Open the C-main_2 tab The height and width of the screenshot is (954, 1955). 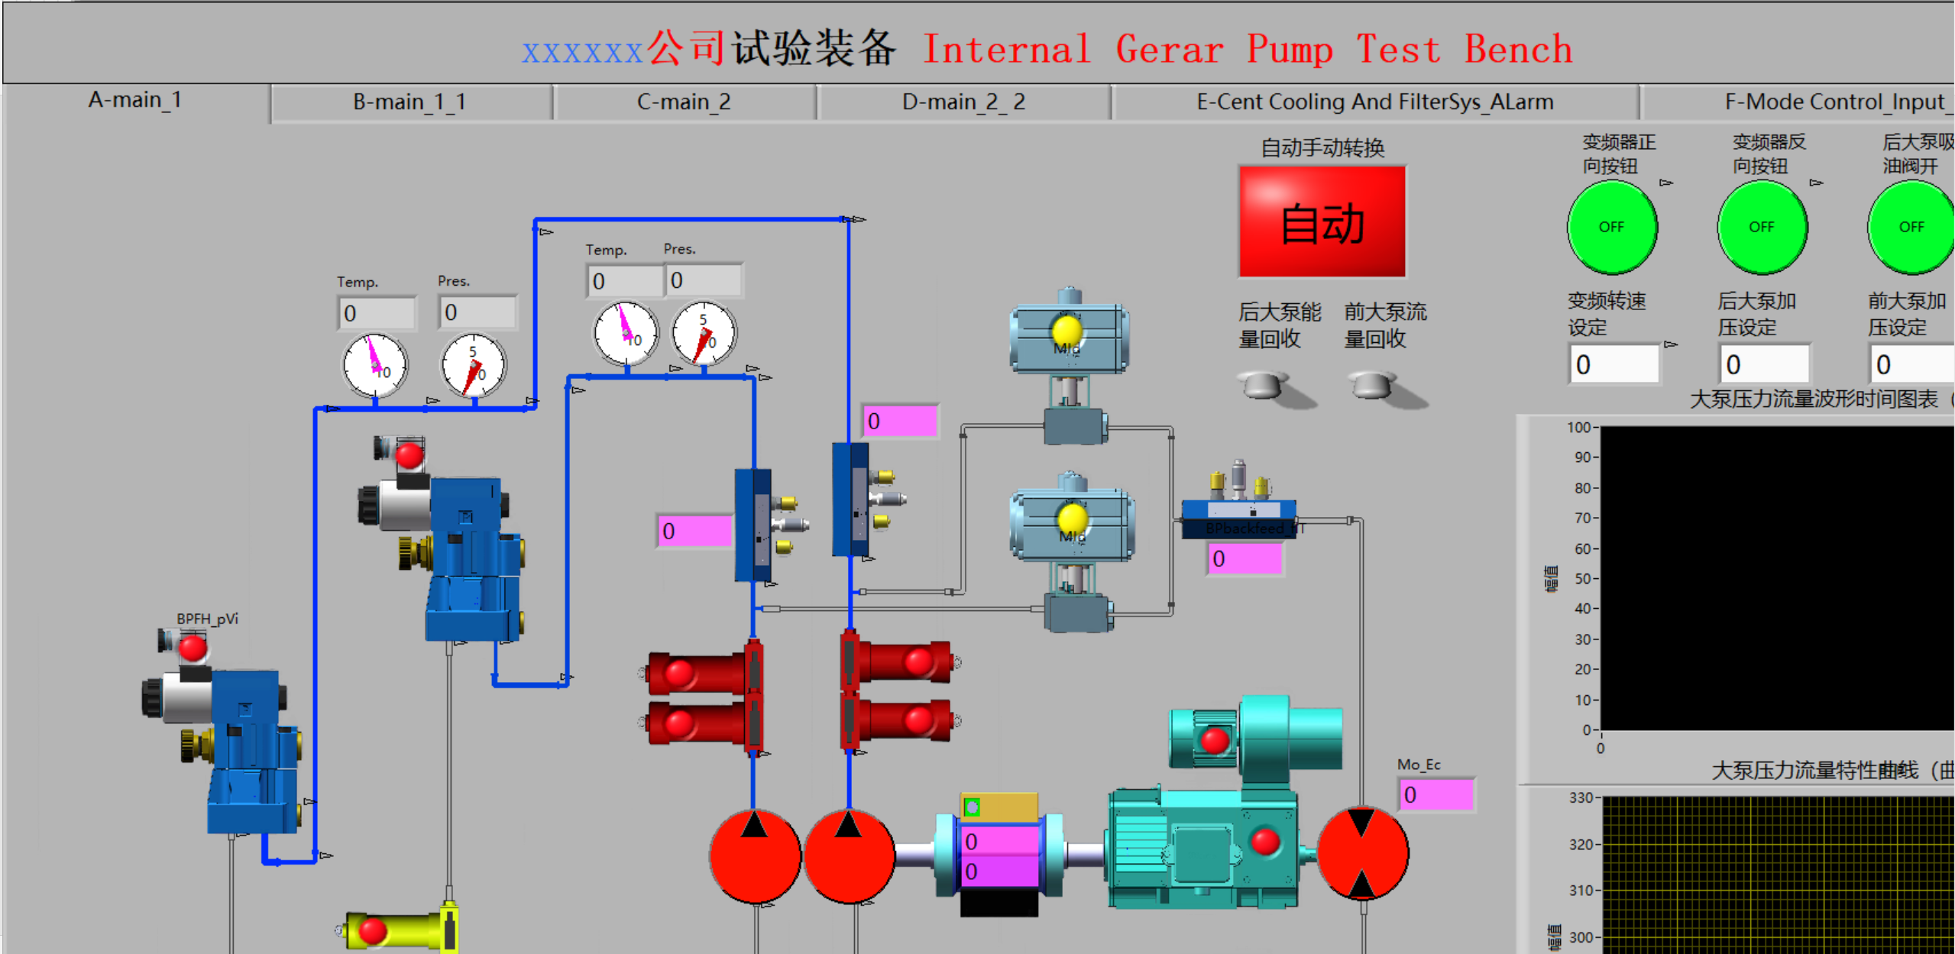[x=684, y=102]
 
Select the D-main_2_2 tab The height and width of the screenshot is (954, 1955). [x=963, y=102]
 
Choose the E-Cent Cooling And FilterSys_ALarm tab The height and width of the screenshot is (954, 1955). [x=1374, y=102]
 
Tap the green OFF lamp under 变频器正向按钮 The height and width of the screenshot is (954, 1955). [x=1611, y=227]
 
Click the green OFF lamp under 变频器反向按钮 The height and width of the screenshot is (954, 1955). [x=1762, y=227]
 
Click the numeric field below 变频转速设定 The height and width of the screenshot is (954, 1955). [x=1614, y=364]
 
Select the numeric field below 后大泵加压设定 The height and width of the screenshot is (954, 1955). [x=1764, y=364]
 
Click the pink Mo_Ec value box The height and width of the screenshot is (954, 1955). [x=1436, y=794]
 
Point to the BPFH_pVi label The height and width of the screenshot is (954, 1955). [x=207, y=619]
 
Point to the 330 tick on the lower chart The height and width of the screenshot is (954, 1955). [x=1581, y=797]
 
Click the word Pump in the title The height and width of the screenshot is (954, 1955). [x=1290, y=50]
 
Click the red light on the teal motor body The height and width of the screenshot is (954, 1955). [x=1265, y=841]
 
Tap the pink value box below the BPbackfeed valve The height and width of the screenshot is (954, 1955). [x=1245, y=558]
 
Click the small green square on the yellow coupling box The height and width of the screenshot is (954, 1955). [x=972, y=807]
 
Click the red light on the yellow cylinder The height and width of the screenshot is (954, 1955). [x=373, y=931]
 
